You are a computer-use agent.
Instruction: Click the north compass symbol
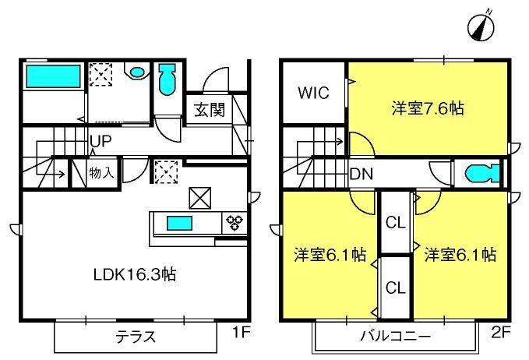pos(481,26)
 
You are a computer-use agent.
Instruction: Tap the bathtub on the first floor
pos(53,76)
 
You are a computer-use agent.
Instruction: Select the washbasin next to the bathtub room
pos(136,71)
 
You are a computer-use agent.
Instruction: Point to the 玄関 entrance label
pos(210,110)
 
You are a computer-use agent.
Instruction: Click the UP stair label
pos(101,141)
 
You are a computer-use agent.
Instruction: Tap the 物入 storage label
pos(101,173)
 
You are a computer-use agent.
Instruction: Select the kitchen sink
pos(179,223)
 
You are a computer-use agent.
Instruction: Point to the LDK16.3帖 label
pos(135,274)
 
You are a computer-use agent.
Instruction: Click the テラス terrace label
pos(136,337)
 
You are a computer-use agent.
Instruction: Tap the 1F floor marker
pos(242,332)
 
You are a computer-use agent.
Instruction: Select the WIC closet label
pos(313,93)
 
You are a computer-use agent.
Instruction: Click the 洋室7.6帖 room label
pos(428,108)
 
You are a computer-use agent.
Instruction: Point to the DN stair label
pos(361,174)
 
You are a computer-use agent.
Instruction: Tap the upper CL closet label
pos(396,223)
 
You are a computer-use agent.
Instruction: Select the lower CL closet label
pos(396,288)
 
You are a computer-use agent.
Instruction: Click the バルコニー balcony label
pos(396,336)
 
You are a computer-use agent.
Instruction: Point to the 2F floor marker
pos(501,332)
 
